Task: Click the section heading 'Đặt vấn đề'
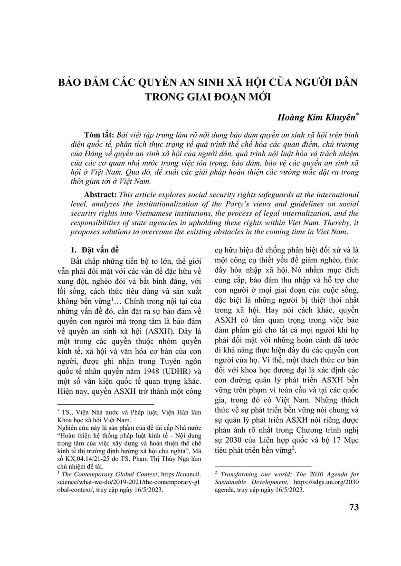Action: [96, 250]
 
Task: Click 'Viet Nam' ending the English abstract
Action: [333, 232]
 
